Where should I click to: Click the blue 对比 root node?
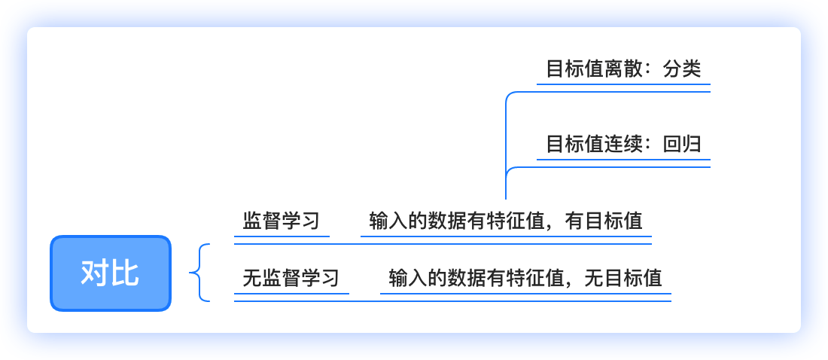coord(111,273)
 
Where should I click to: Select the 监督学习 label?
coord(282,221)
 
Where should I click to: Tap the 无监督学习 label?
coord(291,278)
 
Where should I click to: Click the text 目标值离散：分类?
coord(623,69)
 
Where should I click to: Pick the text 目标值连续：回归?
coord(623,144)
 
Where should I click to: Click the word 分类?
coord(682,69)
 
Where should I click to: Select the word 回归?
coord(682,144)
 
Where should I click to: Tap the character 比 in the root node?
coord(125,273)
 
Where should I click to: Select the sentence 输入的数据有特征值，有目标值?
coord(506,221)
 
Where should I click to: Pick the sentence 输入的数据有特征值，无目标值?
coord(525,278)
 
